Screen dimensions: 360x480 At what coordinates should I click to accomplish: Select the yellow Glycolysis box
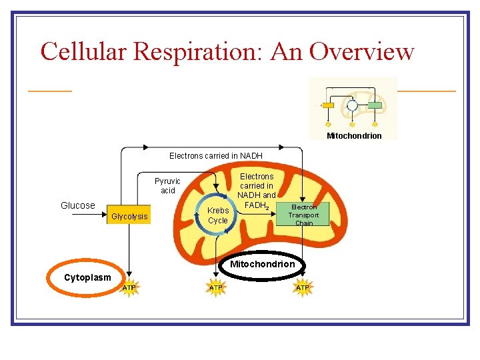tap(129, 216)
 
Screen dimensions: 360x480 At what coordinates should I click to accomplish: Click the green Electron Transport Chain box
tap(303, 215)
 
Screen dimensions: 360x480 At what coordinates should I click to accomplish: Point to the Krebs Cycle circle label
tap(218, 215)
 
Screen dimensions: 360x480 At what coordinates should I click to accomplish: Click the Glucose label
tap(78, 205)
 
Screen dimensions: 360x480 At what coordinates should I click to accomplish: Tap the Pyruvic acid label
tap(167, 185)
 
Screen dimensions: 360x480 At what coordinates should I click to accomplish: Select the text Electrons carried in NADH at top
tap(215, 155)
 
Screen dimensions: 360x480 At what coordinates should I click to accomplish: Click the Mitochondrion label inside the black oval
tap(262, 265)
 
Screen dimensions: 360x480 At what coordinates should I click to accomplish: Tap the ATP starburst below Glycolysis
tap(129, 287)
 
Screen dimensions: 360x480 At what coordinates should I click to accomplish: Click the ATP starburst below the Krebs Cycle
tap(216, 287)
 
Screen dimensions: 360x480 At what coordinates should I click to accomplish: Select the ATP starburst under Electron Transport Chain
tap(303, 287)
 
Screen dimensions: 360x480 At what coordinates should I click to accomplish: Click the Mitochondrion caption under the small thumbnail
tap(354, 136)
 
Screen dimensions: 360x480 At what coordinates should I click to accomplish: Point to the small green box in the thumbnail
tap(375, 105)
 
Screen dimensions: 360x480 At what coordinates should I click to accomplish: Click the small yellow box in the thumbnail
tap(328, 105)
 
